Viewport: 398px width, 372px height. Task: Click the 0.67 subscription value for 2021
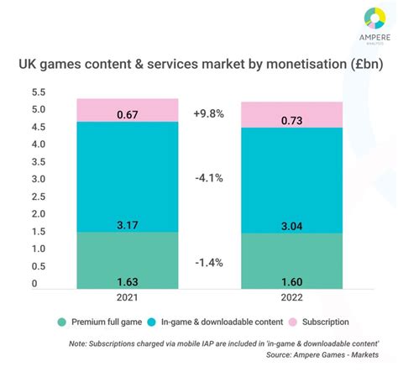tap(128, 115)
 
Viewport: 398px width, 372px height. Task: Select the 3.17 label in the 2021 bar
tap(128, 224)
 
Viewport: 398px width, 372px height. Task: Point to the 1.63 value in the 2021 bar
tap(128, 282)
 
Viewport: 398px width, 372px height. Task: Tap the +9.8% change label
tap(209, 113)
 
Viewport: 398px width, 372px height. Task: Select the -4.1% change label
tap(209, 178)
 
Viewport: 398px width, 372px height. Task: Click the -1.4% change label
tap(209, 262)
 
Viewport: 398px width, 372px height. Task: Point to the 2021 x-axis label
tap(128, 298)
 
